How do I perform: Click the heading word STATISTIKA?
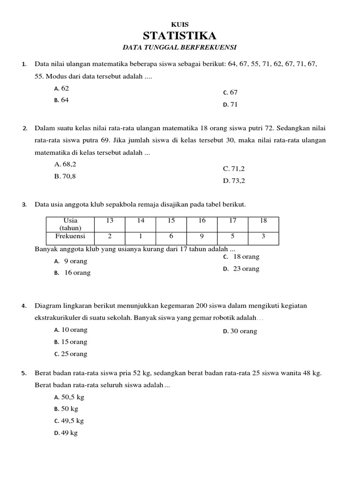180,36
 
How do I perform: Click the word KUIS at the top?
180,24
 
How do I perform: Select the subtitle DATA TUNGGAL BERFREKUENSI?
180,47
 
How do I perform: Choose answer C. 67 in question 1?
231,93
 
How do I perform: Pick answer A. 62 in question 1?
61,88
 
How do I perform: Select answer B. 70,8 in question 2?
65,176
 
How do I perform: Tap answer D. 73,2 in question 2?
234,180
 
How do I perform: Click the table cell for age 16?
202,220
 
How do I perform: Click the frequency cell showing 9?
202,236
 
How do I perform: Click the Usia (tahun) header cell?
70,224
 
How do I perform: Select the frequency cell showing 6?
171,236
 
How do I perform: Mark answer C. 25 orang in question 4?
71,354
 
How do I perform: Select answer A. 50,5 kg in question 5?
69,397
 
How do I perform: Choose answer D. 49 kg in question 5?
66,433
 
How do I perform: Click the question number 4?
23,306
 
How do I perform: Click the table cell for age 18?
263,220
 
